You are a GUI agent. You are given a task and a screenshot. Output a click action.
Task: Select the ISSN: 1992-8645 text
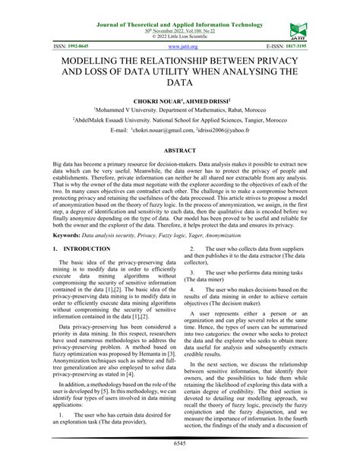pyautogui.click(x=69, y=46)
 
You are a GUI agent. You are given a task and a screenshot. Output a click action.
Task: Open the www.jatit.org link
pyautogui.click(x=179, y=46)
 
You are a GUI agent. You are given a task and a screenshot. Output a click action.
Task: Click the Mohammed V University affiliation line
pyautogui.click(x=180, y=110)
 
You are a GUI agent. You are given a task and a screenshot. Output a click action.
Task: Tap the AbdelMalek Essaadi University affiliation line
pyautogui.click(x=180, y=120)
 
